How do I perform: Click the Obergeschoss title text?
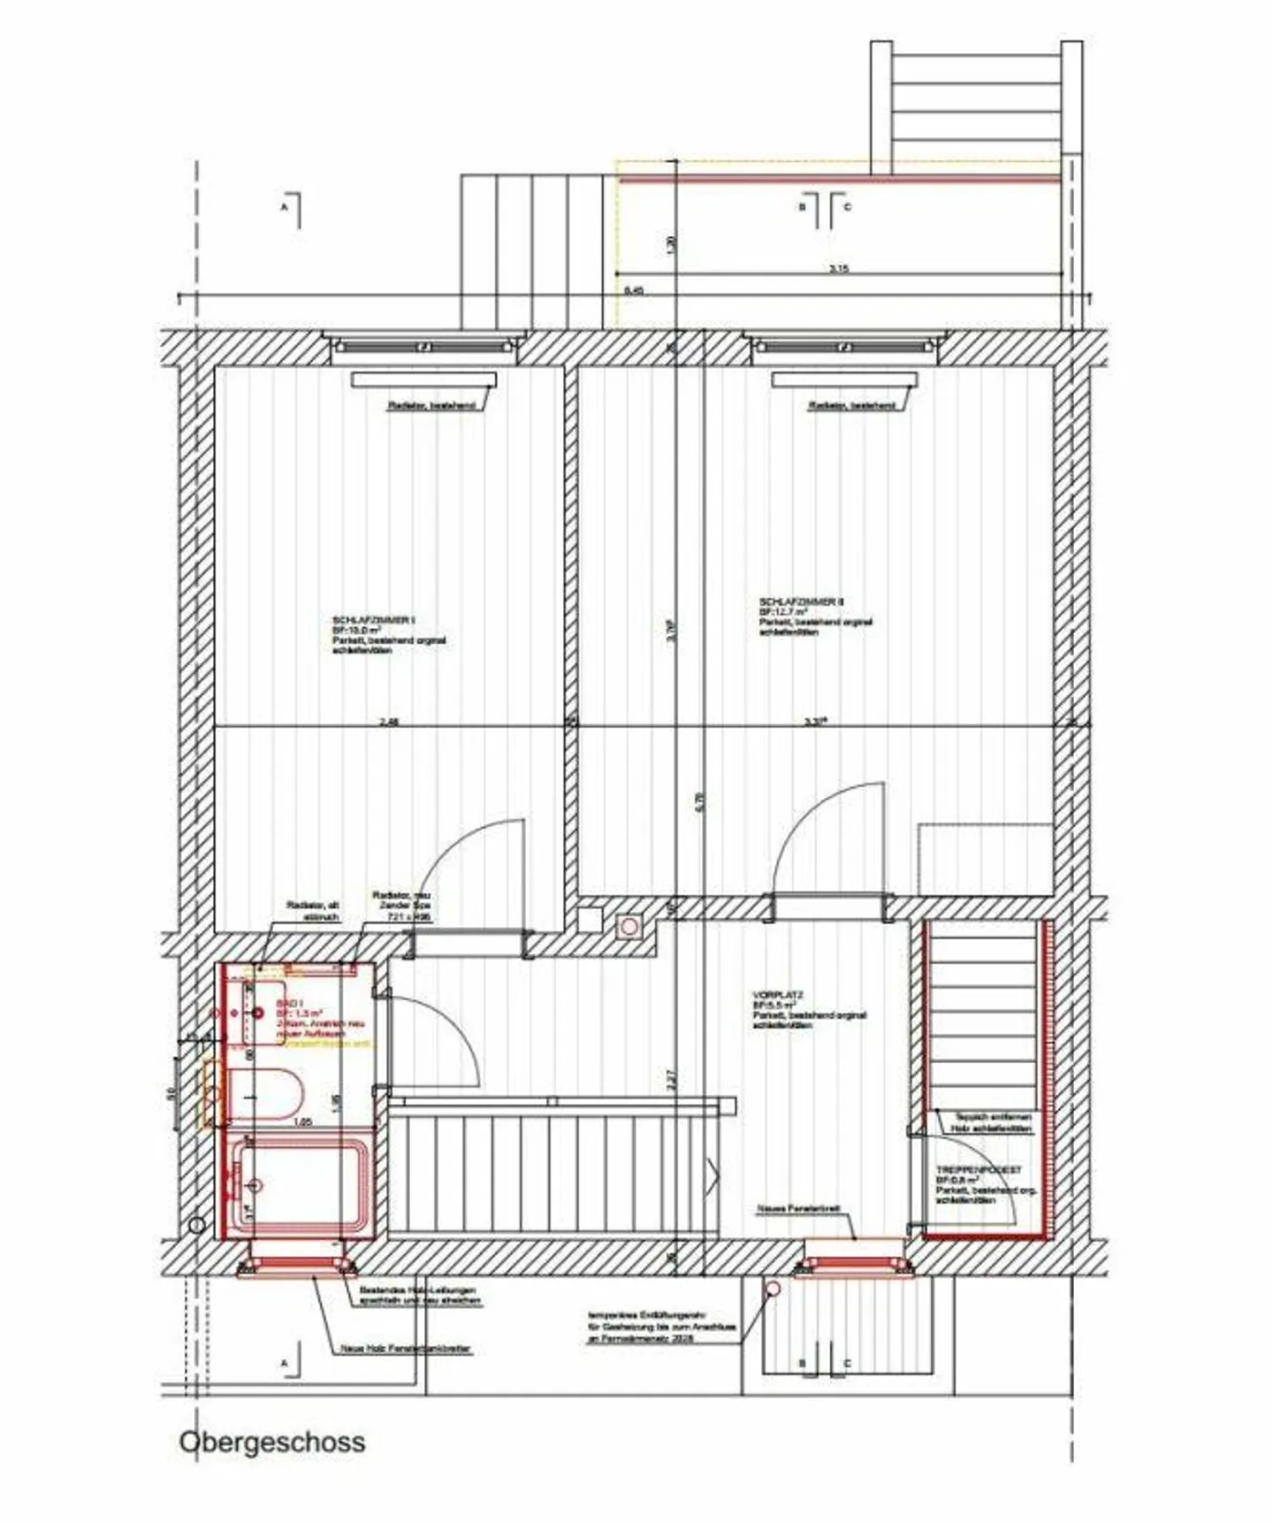coord(271,1441)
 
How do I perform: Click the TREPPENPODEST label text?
coord(979,1169)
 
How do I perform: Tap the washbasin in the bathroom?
coord(262,1011)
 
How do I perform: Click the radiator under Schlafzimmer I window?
coord(423,380)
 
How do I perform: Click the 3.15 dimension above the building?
coord(839,268)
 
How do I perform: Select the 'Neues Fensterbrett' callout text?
coord(797,1207)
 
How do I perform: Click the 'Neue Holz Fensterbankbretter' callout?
coord(406,1349)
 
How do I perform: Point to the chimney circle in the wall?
coord(630,925)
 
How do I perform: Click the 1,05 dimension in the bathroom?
coord(302,1121)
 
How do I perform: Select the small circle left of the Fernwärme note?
coord(773,1289)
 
